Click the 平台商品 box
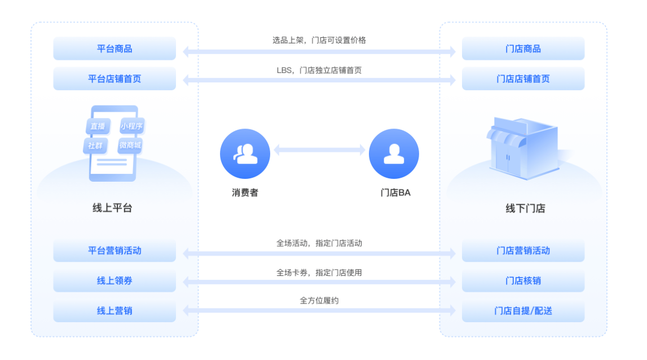click(x=115, y=49)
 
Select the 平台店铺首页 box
click(x=115, y=78)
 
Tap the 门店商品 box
click(x=523, y=49)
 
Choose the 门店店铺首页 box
click(x=523, y=78)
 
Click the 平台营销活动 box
click(x=115, y=251)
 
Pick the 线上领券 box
click(x=115, y=280)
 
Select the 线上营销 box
click(x=115, y=310)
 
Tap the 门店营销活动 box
click(x=523, y=251)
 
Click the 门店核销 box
click(x=523, y=280)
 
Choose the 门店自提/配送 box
click(x=523, y=310)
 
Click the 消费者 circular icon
click(x=245, y=153)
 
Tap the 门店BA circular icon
click(x=394, y=153)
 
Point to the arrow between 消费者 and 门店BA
click(x=319, y=150)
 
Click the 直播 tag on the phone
click(x=98, y=126)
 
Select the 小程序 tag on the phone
click(x=131, y=126)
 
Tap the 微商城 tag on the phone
click(x=130, y=145)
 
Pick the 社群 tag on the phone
click(x=95, y=145)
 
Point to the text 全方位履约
click(x=319, y=301)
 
